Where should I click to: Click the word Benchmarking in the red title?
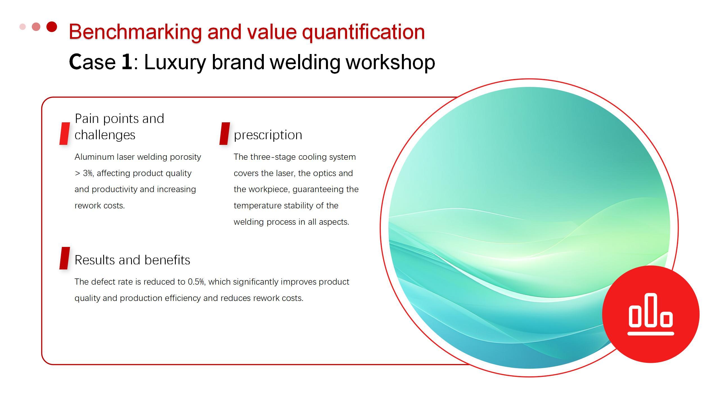point(135,32)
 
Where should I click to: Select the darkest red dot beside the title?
point(52,27)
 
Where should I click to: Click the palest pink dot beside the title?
point(22,27)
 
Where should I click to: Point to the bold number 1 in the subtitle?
point(127,62)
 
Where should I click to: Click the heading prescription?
point(268,135)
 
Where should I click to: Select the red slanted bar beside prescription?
point(225,134)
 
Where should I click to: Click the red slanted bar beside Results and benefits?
point(65,258)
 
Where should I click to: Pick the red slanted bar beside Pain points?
point(65,134)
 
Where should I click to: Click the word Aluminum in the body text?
point(94,157)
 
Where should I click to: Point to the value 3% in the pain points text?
point(87,173)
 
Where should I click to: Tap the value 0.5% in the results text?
point(196,282)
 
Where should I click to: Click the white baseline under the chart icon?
point(651,334)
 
